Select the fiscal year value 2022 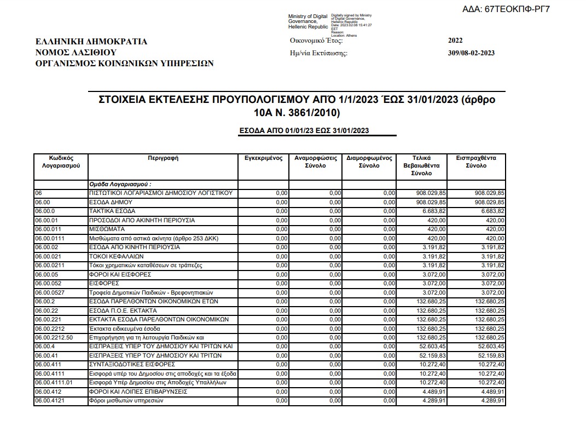(x=455, y=41)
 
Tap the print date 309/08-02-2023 (x=471, y=53)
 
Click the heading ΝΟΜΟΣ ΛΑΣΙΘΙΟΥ (x=76, y=53)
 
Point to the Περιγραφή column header (x=163, y=158)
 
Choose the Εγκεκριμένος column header (x=264, y=158)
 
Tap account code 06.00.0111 (x=50, y=238)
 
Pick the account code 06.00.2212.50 (x=54, y=337)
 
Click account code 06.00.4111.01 (x=54, y=382)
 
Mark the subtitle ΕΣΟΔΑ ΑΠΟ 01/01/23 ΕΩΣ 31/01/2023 (x=304, y=130)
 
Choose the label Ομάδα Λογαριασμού (x=120, y=184)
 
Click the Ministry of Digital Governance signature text (x=308, y=21)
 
